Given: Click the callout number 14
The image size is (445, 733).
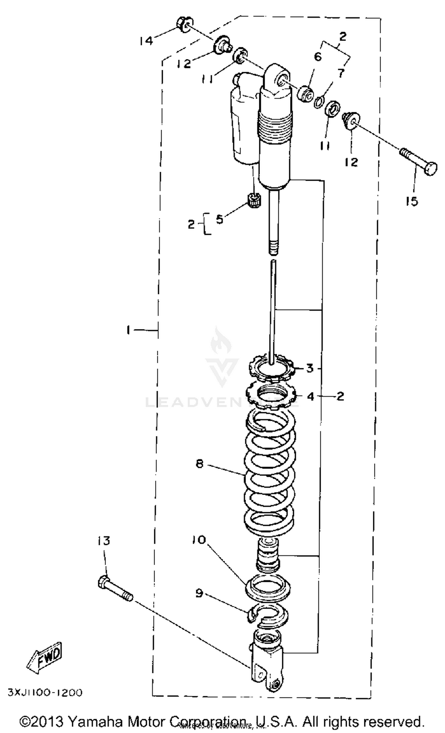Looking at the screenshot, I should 146,40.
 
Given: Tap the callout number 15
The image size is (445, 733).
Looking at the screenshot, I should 411,202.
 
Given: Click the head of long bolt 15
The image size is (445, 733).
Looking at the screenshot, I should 431,169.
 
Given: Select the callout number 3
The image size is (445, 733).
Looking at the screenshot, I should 310,368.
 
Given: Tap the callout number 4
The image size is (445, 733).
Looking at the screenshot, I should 310,396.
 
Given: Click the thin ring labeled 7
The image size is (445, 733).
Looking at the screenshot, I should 318,102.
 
